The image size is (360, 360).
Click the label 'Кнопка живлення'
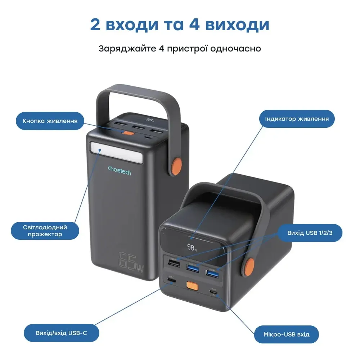[x=50, y=121]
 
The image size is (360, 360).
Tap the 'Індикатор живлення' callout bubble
[x=297, y=119]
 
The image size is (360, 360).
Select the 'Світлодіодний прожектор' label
[x=45, y=231]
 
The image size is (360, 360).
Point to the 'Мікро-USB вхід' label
[x=287, y=334]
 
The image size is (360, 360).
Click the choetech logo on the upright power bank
[x=119, y=170]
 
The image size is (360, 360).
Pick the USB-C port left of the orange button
[x=170, y=280]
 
